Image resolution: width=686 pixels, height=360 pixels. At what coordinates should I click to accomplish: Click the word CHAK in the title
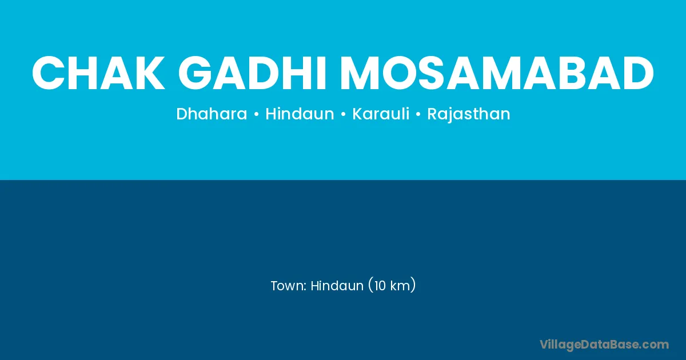[98, 73]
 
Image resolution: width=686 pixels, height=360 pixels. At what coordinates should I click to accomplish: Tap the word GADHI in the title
[252, 73]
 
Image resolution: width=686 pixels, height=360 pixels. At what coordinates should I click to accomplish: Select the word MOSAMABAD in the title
[496, 73]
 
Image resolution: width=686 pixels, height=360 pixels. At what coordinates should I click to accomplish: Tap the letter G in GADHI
[196, 73]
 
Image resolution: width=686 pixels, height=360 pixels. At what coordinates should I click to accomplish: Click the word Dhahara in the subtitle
[212, 114]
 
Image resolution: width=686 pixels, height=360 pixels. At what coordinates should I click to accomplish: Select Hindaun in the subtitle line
[300, 114]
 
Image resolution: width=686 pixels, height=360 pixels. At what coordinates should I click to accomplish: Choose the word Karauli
[381, 114]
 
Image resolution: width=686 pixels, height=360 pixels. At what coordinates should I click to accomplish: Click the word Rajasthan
[469, 114]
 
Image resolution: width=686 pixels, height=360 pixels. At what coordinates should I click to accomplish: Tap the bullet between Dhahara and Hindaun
[256, 114]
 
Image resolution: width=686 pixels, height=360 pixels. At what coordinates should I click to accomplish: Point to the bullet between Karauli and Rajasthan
[418, 114]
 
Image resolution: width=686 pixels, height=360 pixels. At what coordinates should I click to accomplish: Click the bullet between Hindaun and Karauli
[343, 114]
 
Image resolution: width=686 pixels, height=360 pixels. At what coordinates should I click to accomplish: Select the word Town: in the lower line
[289, 286]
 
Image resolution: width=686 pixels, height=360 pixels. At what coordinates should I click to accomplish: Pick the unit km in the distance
[400, 286]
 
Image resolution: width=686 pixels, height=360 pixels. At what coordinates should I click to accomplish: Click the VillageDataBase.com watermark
[604, 345]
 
